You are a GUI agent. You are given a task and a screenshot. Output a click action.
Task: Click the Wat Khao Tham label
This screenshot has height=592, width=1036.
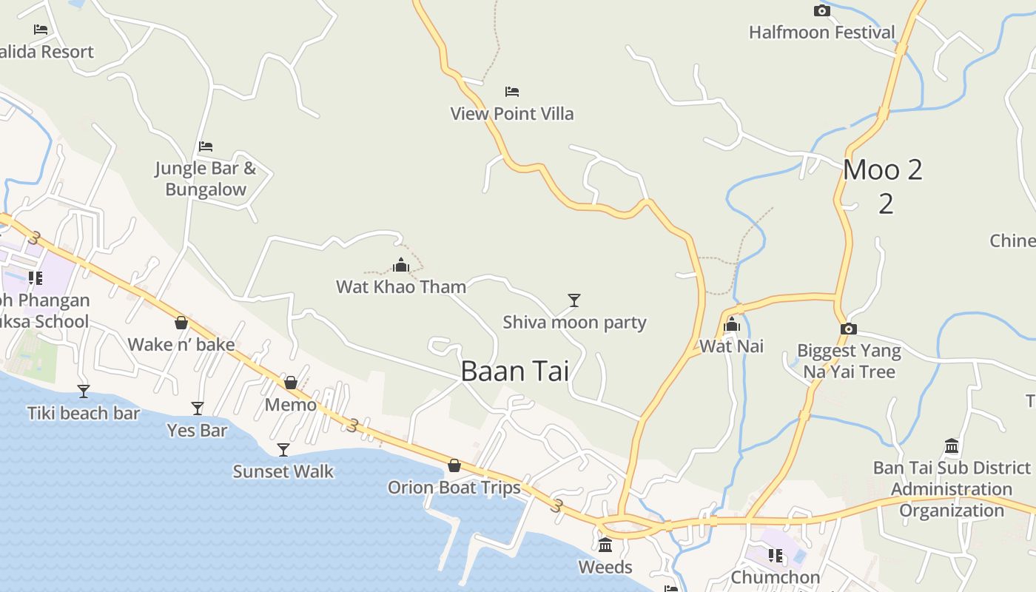[401, 287]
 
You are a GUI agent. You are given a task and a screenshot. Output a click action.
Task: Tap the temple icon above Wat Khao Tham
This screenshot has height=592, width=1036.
[401, 265]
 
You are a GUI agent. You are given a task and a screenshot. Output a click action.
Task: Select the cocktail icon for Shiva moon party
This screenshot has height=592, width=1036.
[574, 300]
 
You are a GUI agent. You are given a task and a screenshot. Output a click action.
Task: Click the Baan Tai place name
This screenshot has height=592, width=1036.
[515, 371]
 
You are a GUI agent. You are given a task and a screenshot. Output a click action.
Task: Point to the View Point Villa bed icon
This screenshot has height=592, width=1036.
[512, 92]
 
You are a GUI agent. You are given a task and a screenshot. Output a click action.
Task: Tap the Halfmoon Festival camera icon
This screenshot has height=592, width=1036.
[821, 10]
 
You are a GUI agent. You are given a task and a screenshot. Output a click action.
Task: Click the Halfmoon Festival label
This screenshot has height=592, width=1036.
[821, 33]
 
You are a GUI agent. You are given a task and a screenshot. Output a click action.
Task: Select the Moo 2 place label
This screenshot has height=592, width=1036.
[883, 170]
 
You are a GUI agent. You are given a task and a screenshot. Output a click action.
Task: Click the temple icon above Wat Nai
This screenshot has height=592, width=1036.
[732, 324]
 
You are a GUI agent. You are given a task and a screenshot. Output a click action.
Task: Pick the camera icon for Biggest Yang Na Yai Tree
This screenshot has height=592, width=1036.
[849, 329]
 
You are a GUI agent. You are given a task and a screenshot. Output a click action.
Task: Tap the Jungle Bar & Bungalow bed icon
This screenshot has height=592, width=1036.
[206, 147]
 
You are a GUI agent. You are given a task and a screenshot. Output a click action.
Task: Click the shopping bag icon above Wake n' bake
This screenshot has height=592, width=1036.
[181, 323]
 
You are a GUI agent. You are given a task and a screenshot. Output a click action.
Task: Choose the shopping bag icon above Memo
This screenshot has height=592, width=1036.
[291, 383]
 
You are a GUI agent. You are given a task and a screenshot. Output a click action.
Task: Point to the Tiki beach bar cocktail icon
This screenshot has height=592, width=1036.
[84, 391]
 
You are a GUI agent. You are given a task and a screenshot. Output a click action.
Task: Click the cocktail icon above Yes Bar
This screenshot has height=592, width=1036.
[198, 408]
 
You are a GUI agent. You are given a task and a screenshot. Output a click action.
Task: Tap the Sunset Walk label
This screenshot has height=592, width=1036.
[283, 471]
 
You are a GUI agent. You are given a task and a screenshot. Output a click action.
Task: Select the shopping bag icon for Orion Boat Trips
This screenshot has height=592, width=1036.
[454, 465]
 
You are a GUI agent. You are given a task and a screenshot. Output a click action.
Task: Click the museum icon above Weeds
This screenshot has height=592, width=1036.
[605, 545]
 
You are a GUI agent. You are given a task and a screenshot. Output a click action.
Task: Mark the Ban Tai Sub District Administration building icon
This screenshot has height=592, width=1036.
[952, 446]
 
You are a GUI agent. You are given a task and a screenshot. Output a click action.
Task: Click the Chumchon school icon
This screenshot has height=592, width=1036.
[776, 555]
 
